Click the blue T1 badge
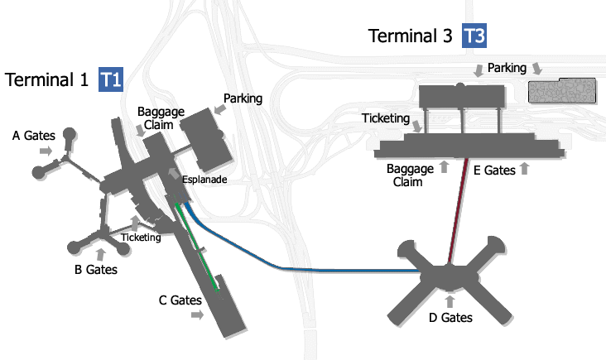click(x=111, y=79)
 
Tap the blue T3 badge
click(x=474, y=36)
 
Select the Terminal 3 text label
click(x=411, y=36)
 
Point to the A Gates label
click(x=32, y=134)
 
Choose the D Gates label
click(x=450, y=317)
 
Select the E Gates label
click(x=493, y=170)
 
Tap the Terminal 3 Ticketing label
click(x=386, y=118)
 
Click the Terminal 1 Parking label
click(x=243, y=98)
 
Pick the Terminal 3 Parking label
click(x=507, y=67)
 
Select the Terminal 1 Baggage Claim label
click(x=157, y=118)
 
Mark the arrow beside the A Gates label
click(x=46, y=151)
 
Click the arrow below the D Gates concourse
click(x=450, y=301)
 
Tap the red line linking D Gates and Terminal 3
click(x=459, y=207)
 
